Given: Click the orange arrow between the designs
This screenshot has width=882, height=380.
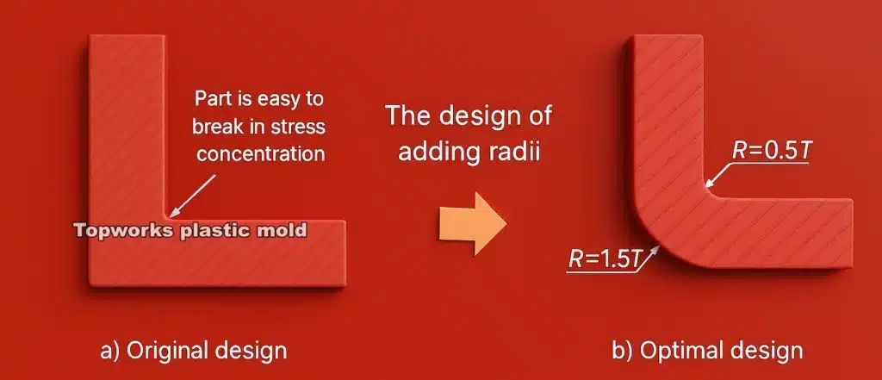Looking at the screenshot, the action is click(472, 224).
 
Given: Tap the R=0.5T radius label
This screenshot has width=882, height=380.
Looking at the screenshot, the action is click(773, 150).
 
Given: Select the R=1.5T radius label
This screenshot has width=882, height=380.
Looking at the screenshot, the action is click(605, 258).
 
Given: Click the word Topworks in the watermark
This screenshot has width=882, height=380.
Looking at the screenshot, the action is click(124, 230).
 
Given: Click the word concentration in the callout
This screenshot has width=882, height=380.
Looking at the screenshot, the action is click(260, 153).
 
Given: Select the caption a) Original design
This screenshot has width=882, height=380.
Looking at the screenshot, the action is click(194, 350).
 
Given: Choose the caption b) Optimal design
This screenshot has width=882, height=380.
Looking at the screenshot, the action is click(707, 350).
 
